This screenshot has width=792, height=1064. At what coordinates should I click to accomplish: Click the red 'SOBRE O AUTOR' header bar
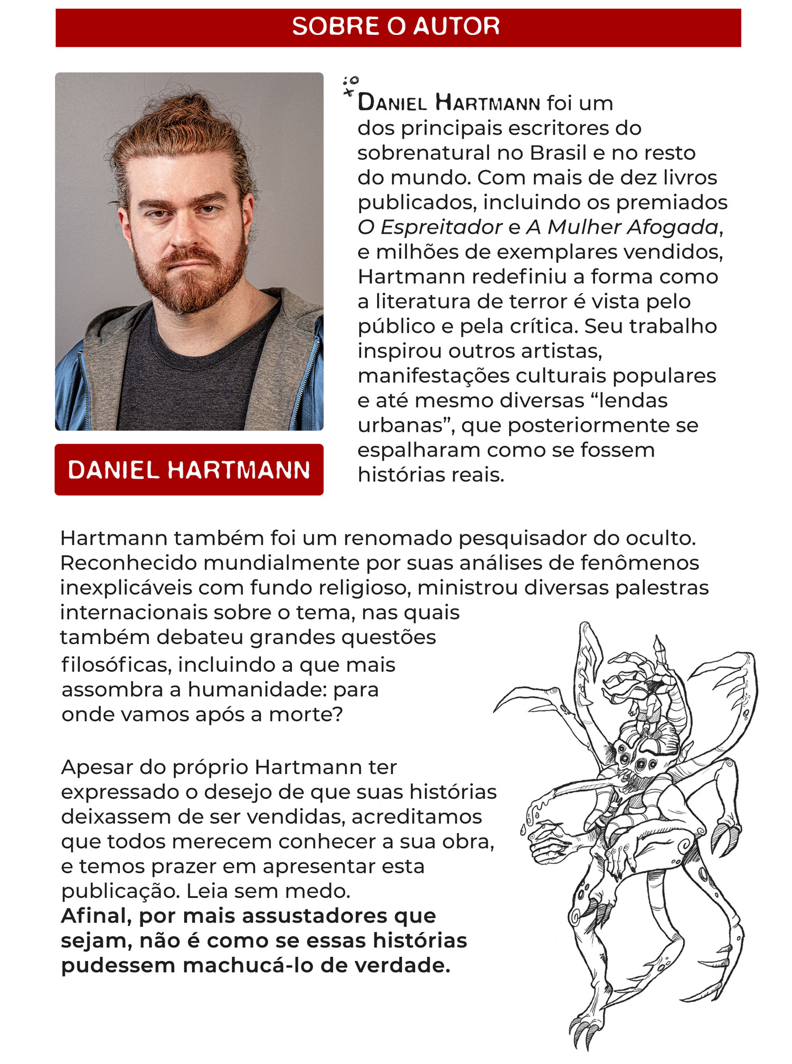398,27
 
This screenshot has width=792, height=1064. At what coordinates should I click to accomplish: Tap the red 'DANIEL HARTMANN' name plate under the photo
189,470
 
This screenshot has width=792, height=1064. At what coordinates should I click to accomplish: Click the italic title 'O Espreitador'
429,227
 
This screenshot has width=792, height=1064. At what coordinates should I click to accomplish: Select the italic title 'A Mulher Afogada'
623,227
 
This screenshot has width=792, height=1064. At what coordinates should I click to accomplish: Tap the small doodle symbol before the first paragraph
350,86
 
